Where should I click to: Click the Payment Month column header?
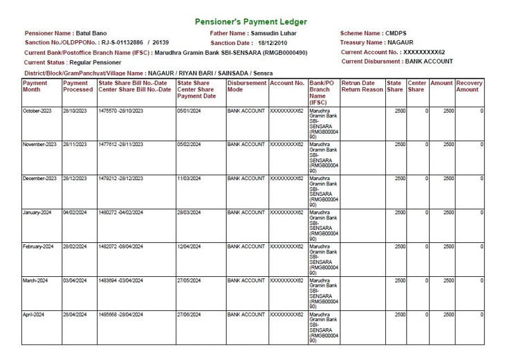click(35, 86)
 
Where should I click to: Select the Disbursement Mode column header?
click(246, 86)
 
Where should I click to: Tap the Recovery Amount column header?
click(469, 86)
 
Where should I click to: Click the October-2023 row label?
click(38, 111)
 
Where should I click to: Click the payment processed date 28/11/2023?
click(75, 145)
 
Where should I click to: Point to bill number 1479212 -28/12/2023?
click(121, 179)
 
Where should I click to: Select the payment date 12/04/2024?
click(189, 246)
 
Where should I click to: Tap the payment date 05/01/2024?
click(189, 111)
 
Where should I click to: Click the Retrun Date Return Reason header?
click(362, 86)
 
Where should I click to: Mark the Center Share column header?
click(416, 86)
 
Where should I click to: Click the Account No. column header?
click(287, 83)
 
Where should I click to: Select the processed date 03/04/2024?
click(75, 280)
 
